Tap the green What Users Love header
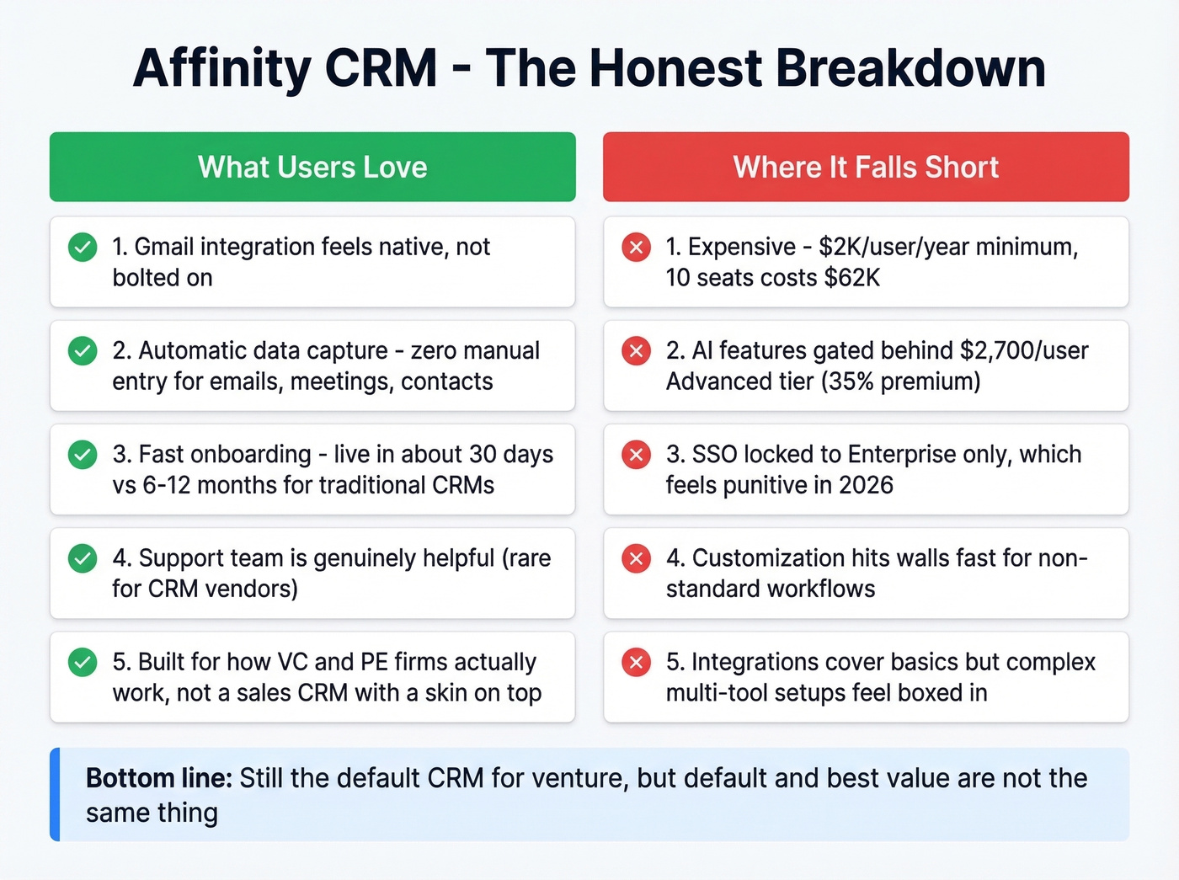pos(312,167)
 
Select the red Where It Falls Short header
pos(866,167)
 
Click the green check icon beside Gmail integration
pos(83,248)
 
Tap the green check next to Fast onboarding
pos(83,455)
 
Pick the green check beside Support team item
pos(83,558)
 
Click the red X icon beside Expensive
pos(636,248)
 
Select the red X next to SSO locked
pos(636,455)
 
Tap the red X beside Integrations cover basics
pos(636,663)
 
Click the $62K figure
pos(852,278)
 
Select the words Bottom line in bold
pos(158,777)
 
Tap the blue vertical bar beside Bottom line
pos(55,794)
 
